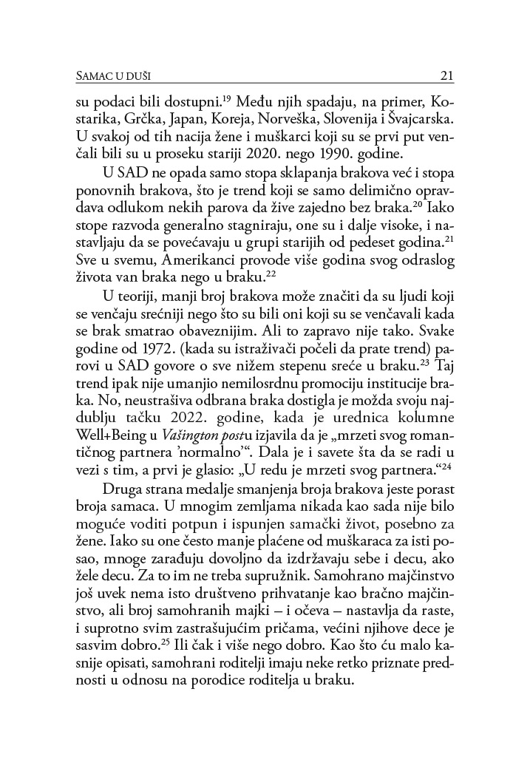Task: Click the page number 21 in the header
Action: (x=446, y=74)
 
